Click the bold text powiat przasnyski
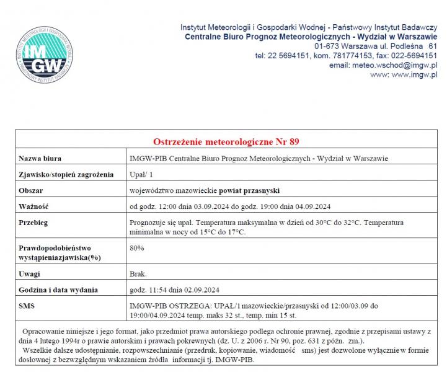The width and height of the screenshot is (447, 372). click(250, 190)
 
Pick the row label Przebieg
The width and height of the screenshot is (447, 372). click(34, 222)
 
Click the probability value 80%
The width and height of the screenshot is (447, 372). click(136, 248)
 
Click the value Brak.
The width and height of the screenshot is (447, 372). click(138, 273)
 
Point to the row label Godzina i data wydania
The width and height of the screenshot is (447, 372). click(58, 290)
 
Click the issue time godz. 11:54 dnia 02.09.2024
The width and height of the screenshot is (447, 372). click(174, 290)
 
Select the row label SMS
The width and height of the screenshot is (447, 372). click(27, 306)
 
